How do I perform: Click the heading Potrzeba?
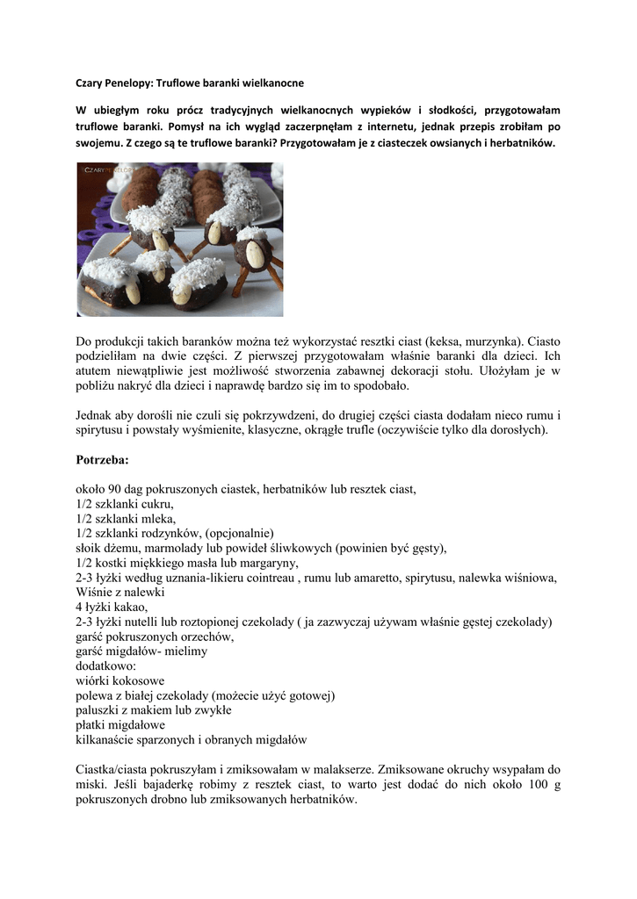point(102,459)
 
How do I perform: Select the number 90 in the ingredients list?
point(118,488)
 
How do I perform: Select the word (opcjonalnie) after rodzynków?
point(240,533)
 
